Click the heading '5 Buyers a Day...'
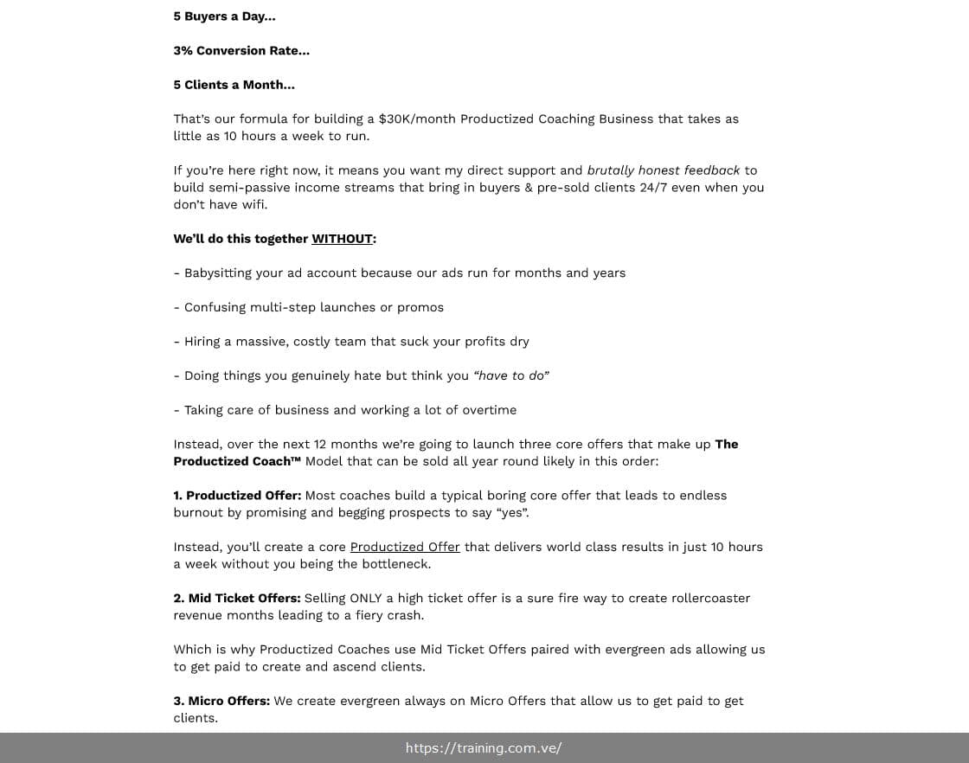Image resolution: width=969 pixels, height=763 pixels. [224, 16]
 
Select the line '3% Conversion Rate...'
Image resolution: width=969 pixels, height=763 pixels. [241, 50]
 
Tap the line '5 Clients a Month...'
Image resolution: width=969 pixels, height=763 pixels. [234, 85]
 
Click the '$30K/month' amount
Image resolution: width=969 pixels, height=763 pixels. [417, 119]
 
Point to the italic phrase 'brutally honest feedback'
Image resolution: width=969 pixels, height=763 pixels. [664, 170]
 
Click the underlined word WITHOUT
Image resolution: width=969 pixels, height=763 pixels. [342, 239]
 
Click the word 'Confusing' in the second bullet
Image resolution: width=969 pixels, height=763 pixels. [215, 307]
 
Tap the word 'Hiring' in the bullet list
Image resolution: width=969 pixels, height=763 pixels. [202, 342]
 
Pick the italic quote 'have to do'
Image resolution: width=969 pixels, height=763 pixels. [511, 375]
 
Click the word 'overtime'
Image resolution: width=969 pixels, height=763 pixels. [487, 410]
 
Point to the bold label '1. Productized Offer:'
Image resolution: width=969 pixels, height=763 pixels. [237, 496]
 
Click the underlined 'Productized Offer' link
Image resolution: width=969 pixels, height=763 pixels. [405, 547]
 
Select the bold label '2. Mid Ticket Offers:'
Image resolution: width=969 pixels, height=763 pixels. [237, 598]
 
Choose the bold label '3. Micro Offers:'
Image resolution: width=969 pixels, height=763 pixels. [221, 701]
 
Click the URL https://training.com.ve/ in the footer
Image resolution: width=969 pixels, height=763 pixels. [484, 748]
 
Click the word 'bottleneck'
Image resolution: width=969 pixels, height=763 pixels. [394, 564]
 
